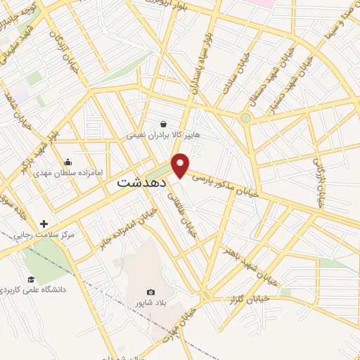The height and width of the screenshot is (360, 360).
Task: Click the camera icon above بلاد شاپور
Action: click(x=151, y=292)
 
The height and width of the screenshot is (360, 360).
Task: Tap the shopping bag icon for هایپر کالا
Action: click(x=163, y=124)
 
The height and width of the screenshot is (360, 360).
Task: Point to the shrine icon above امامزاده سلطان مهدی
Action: click(x=67, y=162)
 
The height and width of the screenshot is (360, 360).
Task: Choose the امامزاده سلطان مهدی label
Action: click(x=67, y=172)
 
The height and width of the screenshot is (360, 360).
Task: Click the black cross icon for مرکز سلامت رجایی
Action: click(x=44, y=223)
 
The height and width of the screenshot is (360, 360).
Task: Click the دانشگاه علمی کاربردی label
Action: click(x=46, y=289)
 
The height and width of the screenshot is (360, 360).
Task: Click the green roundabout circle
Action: click(x=245, y=118)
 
